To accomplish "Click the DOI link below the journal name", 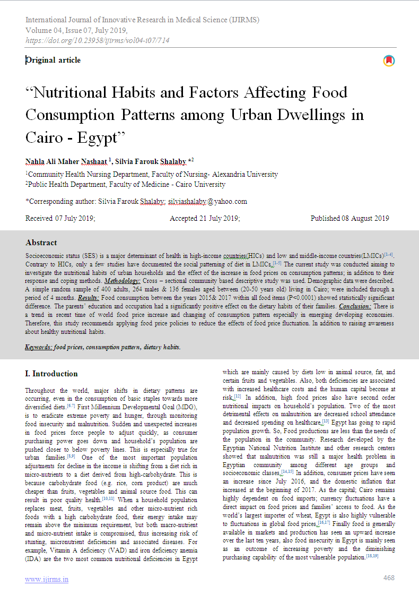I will (x=97, y=40).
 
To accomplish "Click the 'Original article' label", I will (x=54, y=60).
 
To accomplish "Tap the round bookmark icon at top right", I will (x=389, y=61).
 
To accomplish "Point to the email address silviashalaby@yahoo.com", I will (x=207, y=201).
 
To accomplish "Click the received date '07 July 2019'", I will (x=75, y=218).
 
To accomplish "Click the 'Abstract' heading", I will (x=41, y=243).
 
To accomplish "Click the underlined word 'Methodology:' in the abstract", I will (x=123, y=279).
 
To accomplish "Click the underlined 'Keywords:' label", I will (x=38, y=347).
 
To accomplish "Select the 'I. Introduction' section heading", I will (x=51, y=373).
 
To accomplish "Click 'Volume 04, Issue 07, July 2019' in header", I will (x=76, y=30).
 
